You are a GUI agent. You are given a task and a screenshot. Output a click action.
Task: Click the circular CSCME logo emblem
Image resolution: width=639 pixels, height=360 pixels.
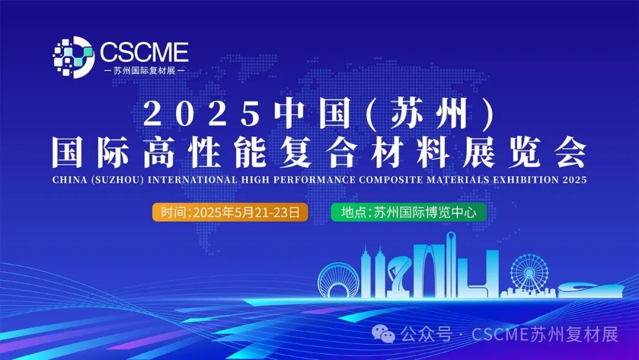pos(73,57)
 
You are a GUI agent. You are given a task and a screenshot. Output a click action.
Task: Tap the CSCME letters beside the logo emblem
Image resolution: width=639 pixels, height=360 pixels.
pos(144,52)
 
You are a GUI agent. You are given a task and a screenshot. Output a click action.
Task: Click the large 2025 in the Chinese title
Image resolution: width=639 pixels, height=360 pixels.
pos(202,114)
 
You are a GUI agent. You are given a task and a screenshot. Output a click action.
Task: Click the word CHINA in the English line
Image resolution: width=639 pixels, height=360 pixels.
pos(69,179)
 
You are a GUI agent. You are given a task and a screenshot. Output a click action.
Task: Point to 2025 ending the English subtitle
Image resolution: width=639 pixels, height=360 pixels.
pos(573,179)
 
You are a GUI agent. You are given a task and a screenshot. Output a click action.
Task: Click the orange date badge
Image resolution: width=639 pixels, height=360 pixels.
pos(230,212)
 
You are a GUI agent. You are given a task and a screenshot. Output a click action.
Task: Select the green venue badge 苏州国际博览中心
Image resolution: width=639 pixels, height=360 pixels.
pos(409,212)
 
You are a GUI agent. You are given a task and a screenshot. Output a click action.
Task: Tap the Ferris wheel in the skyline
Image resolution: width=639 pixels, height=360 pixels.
pos(528,274)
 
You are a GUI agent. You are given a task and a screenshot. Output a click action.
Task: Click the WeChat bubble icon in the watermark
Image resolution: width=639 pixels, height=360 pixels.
pos(388,335)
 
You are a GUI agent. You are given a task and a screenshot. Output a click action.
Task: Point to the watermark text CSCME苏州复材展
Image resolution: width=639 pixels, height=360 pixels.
pos(545,335)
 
